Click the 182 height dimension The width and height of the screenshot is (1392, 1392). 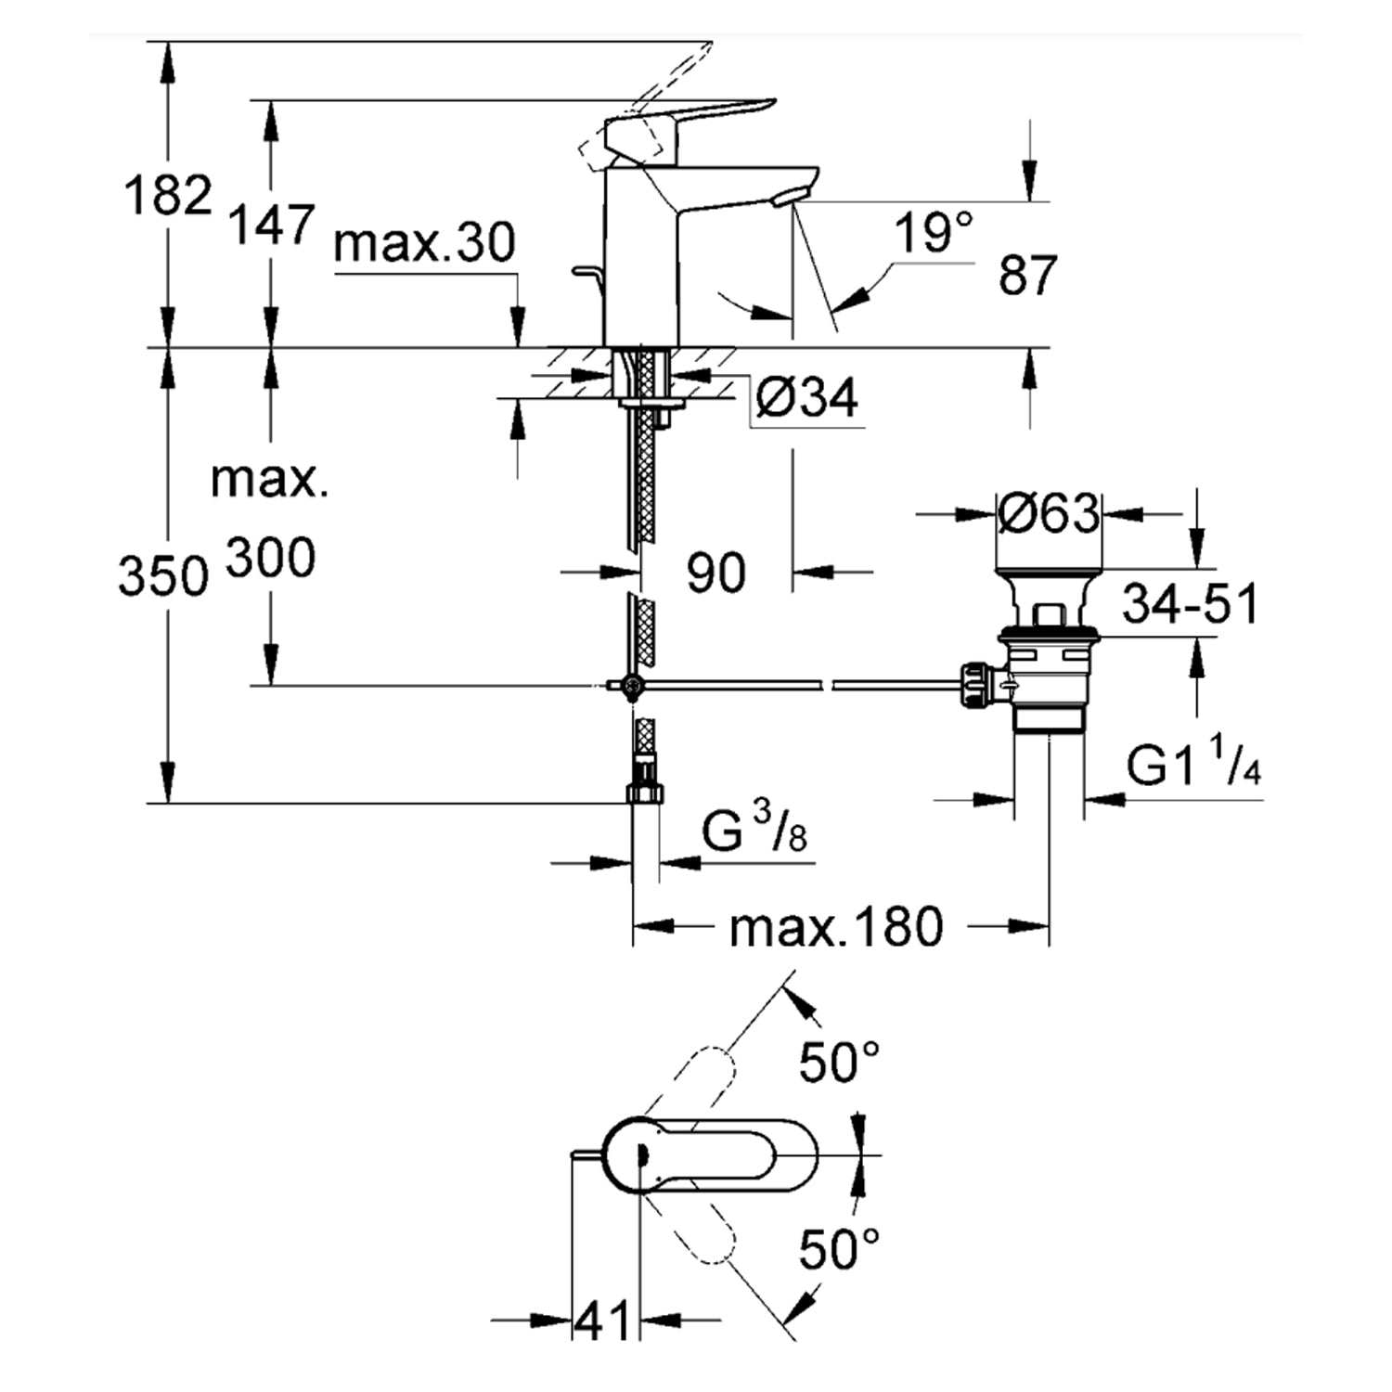coord(168,196)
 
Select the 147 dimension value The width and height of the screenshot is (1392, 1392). coord(272,226)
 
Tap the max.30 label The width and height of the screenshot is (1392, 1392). coord(424,243)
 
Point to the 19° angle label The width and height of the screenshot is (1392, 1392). coord(934,232)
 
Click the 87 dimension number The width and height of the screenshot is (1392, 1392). coord(1027,275)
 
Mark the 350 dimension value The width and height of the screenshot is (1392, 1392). coord(162,575)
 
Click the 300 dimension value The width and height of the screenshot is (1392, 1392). coord(271,559)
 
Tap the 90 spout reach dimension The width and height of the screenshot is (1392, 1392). coord(715,573)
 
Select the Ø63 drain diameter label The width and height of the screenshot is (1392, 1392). coord(1049,512)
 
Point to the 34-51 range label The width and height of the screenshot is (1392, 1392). coord(1191,604)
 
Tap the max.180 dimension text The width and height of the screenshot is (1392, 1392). coord(835,927)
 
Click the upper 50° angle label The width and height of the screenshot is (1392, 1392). coord(840,1062)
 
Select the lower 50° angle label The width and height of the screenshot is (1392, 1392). coord(840,1248)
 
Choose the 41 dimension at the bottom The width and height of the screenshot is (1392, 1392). coord(602,1320)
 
